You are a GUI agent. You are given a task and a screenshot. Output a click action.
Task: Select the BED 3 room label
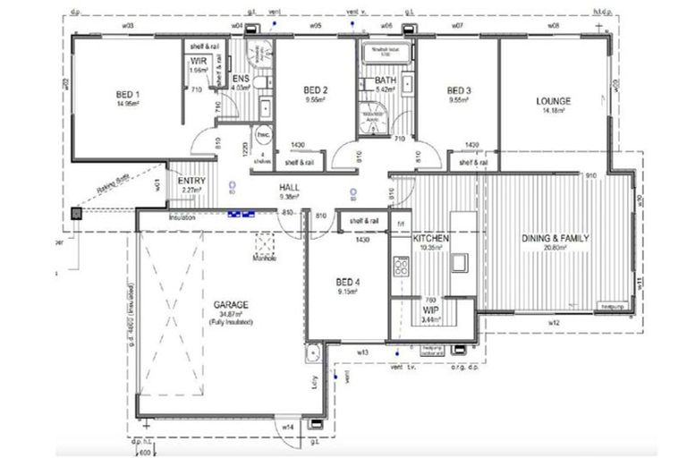pyautogui.click(x=459, y=90)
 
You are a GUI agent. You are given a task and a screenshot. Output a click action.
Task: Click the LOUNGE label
pyautogui.click(x=553, y=101)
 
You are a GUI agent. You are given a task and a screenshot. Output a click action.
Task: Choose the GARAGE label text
pyautogui.click(x=231, y=305)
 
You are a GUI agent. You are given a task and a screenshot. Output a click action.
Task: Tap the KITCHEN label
pyautogui.click(x=430, y=239)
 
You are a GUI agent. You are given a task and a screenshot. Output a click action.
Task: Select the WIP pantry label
pyautogui.click(x=429, y=310)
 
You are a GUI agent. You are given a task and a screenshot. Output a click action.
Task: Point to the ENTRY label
pyautogui.click(x=191, y=181)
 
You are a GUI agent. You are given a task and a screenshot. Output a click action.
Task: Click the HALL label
pyautogui.click(x=289, y=187)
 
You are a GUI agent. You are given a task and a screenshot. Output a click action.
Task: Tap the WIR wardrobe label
pyautogui.click(x=199, y=62)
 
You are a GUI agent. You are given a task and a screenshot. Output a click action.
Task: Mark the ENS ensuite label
pyautogui.click(x=241, y=80)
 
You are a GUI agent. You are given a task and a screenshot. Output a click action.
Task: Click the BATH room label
pyautogui.click(x=373, y=81)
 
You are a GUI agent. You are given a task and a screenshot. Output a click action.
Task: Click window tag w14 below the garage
pyautogui.click(x=288, y=428)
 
